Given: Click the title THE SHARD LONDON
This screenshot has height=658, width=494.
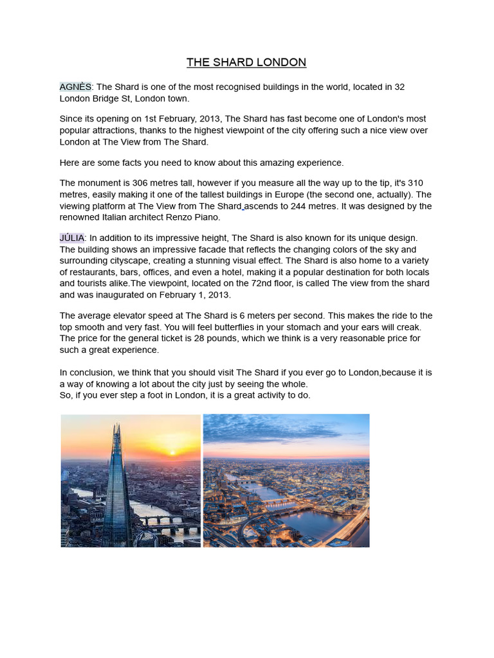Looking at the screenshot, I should tap(246, 62).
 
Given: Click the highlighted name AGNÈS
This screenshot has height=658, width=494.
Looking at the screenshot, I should tap(75, 87).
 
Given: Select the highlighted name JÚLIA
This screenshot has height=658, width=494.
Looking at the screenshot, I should tap(71, 238).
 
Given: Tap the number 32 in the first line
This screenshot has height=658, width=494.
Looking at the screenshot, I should tap(398, 87).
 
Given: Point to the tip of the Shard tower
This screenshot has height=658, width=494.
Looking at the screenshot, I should tap(117, 425).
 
